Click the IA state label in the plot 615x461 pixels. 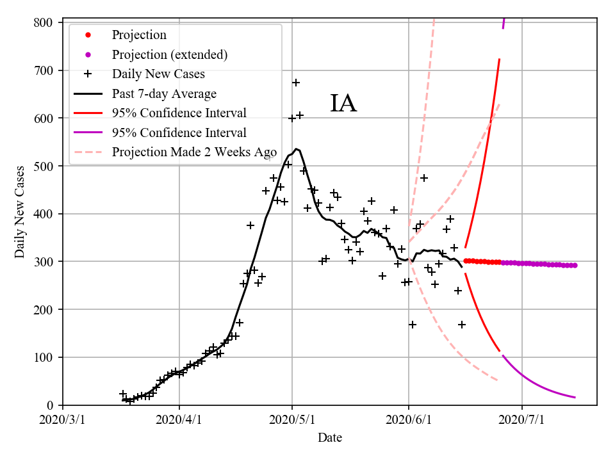coord(343,104)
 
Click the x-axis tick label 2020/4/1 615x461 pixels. coord(179,421)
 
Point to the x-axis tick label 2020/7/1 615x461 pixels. coord(522,421)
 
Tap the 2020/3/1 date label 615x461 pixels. coord(63,421)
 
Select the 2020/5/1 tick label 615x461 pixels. coord(293,421)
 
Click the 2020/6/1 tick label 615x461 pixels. coord(409,421)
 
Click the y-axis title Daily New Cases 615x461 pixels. coord(20,212)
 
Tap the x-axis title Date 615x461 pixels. coord(330,439)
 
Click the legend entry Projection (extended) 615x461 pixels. coord(169,54)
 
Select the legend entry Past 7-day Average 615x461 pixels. coord(164,94)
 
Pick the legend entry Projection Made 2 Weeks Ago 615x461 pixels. coord(193,152)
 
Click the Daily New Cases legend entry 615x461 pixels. coord(158,74)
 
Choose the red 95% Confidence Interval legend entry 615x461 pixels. coord(179,113)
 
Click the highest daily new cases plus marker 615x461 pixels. coord(296,83)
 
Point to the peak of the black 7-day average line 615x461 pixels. coord(296,149)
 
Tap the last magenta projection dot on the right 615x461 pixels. coord(575,265)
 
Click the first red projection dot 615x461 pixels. coord(466,261)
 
